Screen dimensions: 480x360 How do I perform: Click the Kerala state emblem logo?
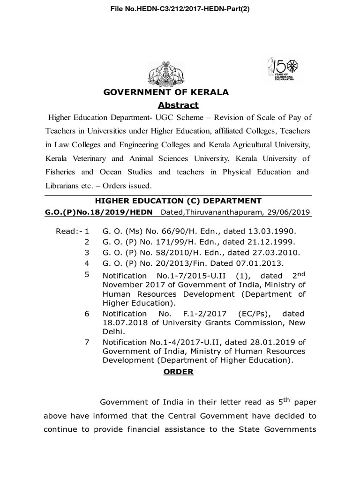click(x=167, y=74)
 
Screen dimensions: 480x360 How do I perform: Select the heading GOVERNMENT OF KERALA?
click(x=166, y=92)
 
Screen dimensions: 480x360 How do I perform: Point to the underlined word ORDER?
click(x=178, y=372)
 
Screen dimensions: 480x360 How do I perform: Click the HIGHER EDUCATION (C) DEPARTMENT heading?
click(x=178, y=201)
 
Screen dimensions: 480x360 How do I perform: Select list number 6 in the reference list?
click(x=87, y=314)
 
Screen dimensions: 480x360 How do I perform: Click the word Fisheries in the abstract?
click(x=62, y=172)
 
